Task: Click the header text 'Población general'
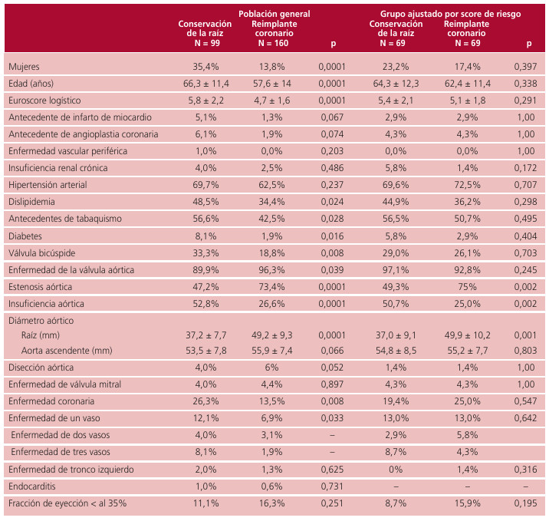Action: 275,14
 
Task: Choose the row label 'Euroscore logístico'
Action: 44,101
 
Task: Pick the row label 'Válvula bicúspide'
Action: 43,252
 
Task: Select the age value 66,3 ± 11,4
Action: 205,83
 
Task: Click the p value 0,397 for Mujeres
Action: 524,67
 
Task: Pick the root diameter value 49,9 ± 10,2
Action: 465,335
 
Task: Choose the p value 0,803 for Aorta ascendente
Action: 524,350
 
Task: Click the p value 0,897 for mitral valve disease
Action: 332,384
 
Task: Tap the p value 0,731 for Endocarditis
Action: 332,486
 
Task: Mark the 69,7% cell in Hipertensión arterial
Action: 205,185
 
